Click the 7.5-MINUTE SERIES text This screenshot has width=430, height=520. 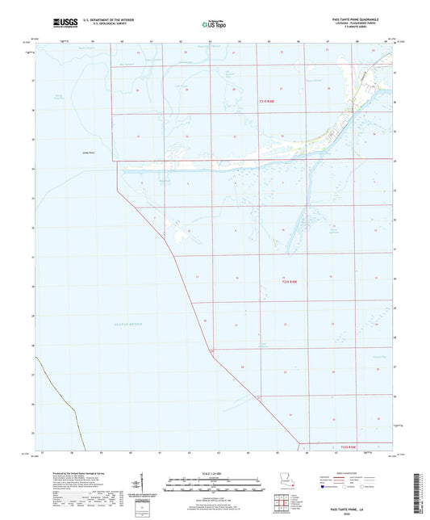361,30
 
